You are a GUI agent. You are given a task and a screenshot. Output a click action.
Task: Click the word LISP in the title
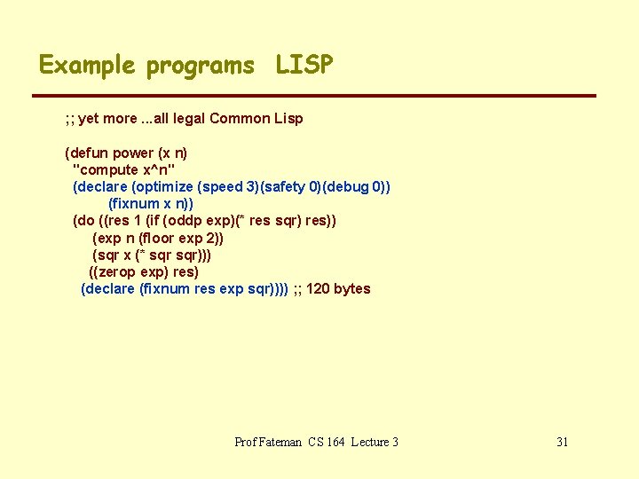click(x=304, y=65)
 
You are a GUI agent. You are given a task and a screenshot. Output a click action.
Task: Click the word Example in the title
click(x=86, y=65)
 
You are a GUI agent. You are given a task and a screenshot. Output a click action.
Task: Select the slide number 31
click(x=562, y=442)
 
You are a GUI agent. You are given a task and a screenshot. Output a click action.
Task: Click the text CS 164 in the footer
click(x=325, y=442)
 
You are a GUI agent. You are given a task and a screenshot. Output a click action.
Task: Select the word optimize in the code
click(x=164, y=186)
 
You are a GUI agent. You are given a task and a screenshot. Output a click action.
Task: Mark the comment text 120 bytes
click(x=338, y=288)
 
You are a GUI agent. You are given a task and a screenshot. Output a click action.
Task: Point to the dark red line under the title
click(x=314, y=96)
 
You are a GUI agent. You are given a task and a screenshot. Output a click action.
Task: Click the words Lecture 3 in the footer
click(x=375, y=442)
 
